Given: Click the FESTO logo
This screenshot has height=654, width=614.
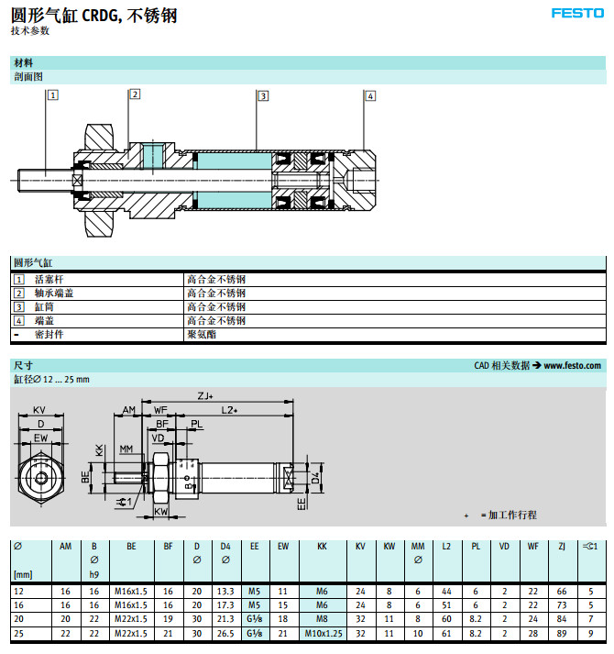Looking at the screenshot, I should [576, 13].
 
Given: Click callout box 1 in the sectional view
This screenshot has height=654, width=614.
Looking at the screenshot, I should [52, 94].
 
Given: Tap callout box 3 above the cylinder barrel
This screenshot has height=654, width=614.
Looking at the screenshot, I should [262, 95].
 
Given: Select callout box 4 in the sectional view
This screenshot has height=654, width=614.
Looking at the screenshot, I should [369, 95].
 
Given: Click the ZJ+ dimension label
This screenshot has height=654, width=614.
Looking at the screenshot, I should [205, 396].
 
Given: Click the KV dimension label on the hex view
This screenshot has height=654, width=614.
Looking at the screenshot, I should [39, 410].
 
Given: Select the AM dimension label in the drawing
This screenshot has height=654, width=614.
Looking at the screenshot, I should [129, 410].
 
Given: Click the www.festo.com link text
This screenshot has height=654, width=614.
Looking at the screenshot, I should [573, 365].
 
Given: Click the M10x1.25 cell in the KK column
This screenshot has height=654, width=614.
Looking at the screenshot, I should [322, 632].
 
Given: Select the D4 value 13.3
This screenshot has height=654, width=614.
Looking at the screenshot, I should [225, 593].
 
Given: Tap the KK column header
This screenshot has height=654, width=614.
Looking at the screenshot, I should [322, 546].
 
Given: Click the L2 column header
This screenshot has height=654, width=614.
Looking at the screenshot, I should [446, 546].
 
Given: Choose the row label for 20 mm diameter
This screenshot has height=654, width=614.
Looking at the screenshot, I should [18, 619].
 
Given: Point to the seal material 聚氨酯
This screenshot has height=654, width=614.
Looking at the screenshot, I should [202, 335].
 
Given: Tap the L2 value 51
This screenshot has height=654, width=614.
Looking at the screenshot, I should [446, 606].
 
